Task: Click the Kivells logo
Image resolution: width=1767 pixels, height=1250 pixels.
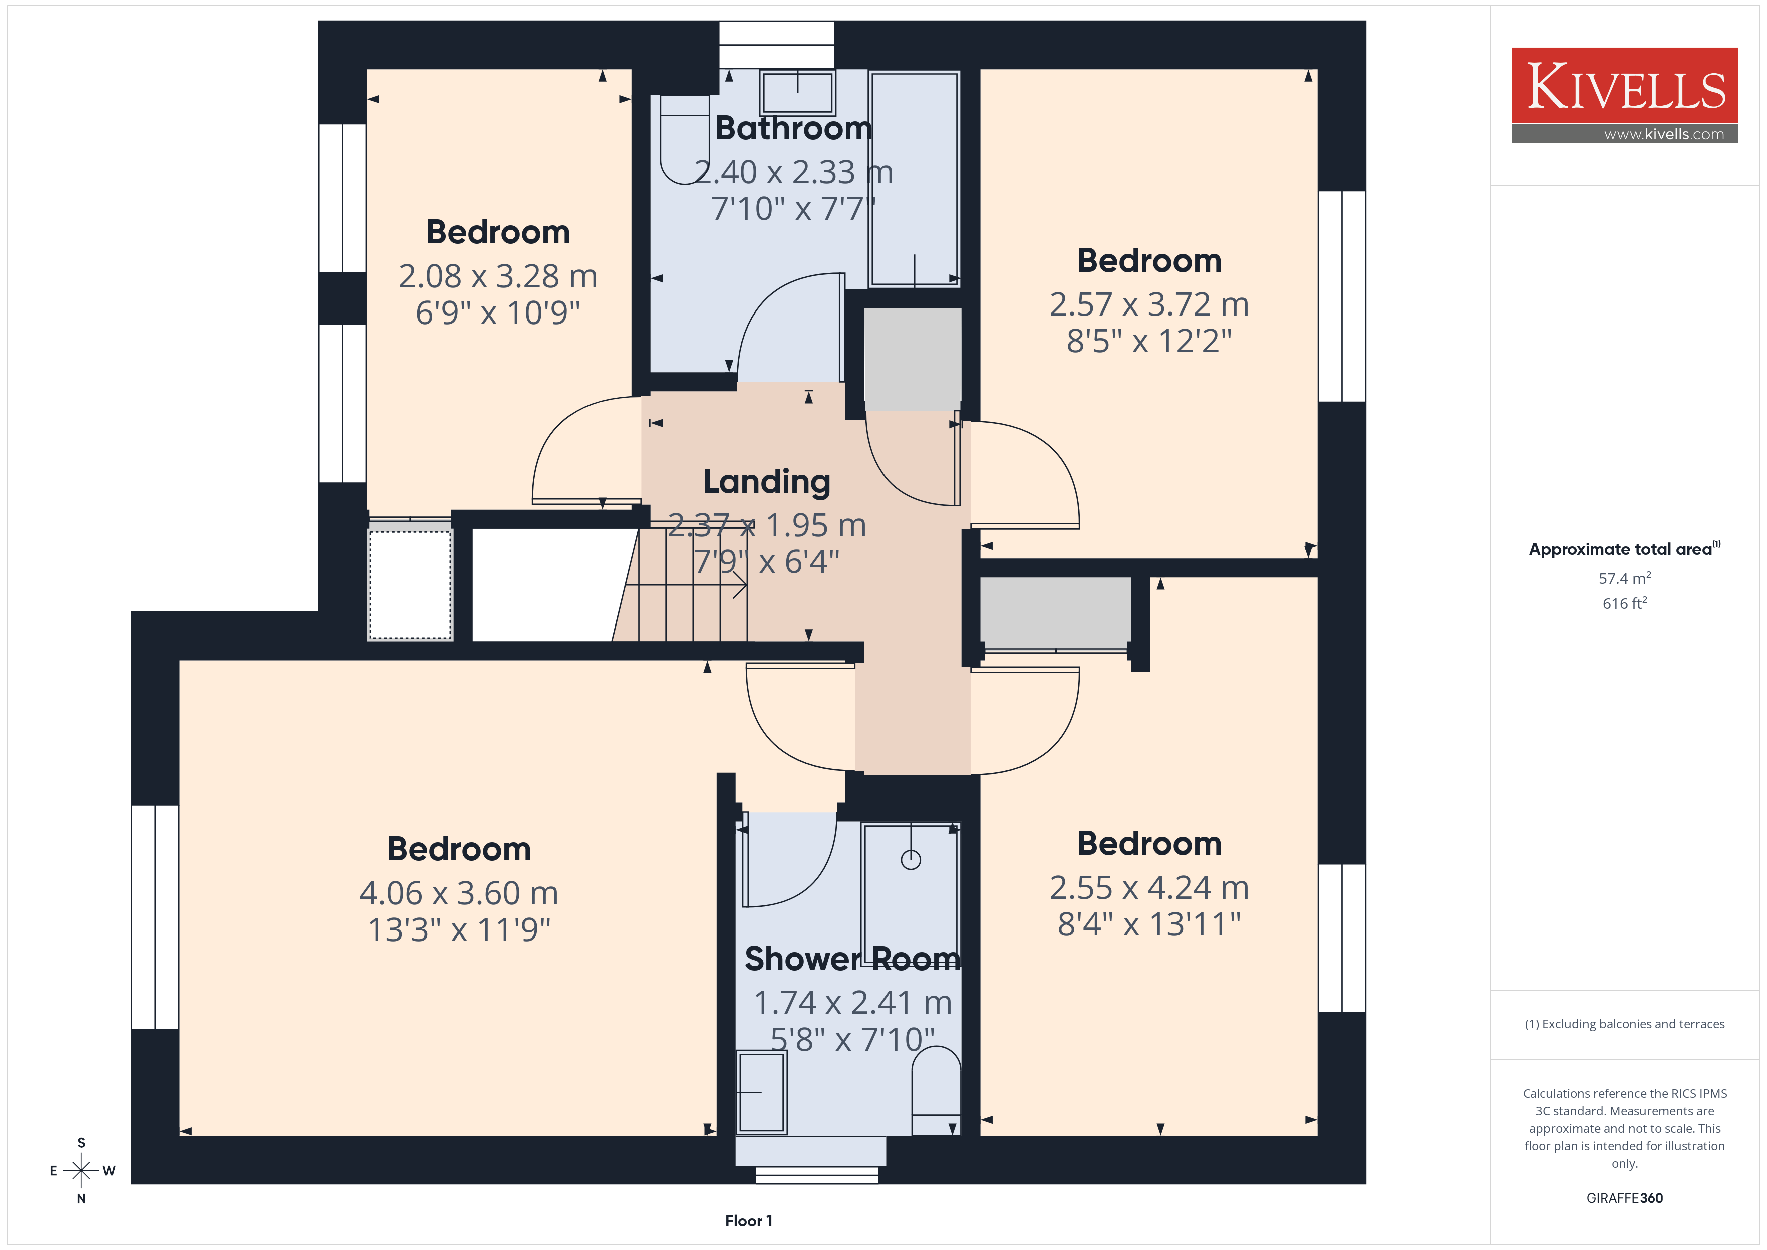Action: tap(1624, 95)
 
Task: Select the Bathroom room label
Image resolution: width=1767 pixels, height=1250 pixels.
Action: tap(793, 128)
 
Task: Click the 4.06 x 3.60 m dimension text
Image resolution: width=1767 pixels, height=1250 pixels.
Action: tap(459, 893)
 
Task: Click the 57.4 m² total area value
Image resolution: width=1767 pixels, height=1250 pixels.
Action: tap(1625, 578)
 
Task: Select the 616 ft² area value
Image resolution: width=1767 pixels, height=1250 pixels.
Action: tap(1625, 603)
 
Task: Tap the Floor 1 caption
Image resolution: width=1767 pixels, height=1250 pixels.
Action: tap(748, 1221)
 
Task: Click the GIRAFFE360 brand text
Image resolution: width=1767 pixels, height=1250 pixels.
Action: tap(1625, 1197)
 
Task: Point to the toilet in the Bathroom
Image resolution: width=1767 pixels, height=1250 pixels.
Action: tap(684, 139)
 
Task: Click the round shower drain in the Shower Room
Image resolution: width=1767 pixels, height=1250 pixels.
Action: tap(911, 860)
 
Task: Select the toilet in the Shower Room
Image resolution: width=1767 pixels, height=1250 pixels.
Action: tap(936, 1091)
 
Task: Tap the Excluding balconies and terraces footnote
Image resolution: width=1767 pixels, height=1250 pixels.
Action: tap(1625, 1024)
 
